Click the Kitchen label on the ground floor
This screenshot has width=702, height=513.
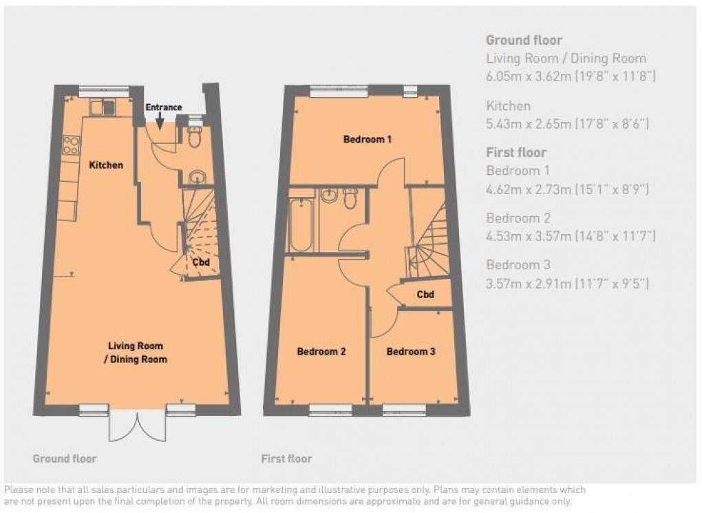[x=106, y=165]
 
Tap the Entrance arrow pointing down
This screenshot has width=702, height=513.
[x=160, y=121]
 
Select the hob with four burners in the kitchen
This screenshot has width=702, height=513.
[x=71, y=145]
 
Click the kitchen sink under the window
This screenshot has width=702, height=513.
[x=103, y=107]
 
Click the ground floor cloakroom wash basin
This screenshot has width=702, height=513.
[x=197, y=177]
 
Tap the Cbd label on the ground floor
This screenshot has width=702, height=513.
[x=201, y=262]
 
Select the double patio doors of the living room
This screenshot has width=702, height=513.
[x=138, y=425]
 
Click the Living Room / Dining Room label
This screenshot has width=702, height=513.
[x=136, y=352]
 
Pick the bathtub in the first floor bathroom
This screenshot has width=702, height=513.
[x=301, y=224]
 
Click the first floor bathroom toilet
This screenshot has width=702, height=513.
[x=350, y=198]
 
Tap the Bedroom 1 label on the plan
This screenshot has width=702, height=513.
[x=368, y=139]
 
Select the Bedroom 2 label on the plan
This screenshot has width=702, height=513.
[x=321, y=352]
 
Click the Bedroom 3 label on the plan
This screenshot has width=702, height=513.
[x=411, y=352]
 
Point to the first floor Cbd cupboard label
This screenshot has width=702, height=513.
[x=425, y=294]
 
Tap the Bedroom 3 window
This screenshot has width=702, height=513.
[x=404, y=409]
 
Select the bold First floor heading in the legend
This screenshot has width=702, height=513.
[x=516, y=152]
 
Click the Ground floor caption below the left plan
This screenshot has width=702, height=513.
[x=65, y=459]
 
